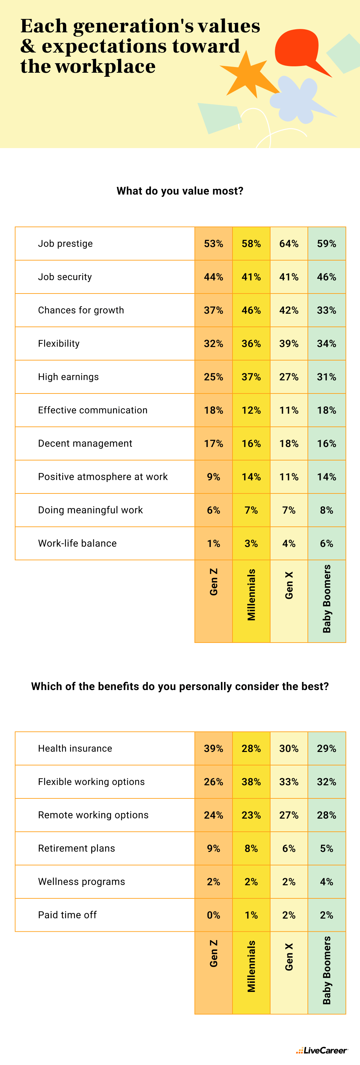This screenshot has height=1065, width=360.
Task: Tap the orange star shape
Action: click(248, 76)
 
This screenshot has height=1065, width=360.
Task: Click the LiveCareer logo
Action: click(322, 1050)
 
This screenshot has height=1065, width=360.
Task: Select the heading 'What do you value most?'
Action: click(180, 191)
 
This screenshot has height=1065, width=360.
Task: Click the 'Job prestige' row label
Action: click(65, 243)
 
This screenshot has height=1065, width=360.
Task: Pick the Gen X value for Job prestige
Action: click(288, 243)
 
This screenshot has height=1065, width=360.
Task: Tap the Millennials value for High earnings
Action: click(251, 377)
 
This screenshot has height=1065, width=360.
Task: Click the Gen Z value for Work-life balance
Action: click(213, 543)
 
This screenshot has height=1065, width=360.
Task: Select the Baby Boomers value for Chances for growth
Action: click(326, 310)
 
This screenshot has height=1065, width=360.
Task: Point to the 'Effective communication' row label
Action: click(93, 410)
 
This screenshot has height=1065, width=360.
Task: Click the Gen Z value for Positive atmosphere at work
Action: click(213, 477)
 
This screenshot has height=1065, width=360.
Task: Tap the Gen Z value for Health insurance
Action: click(213, 748)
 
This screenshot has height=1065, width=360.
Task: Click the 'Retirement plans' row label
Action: click(76, 848)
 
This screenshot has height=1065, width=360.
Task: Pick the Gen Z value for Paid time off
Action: click(213, 915)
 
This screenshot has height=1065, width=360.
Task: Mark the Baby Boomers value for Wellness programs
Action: click(326, 882)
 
